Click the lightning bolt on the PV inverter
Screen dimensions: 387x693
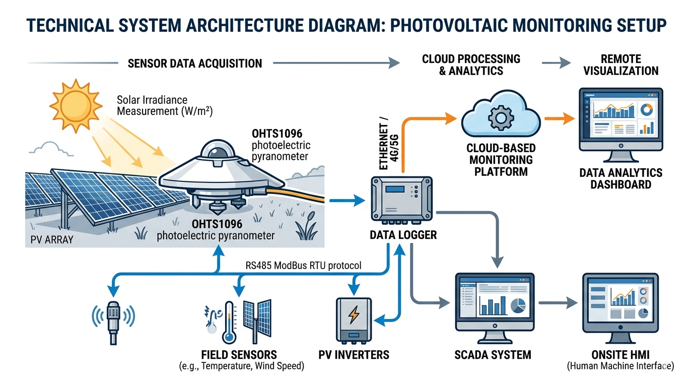point(354,315)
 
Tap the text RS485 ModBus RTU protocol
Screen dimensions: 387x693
point(304,266)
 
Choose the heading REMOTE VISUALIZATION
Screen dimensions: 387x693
point(620,64)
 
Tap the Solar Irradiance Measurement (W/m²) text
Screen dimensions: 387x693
point(165,105)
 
